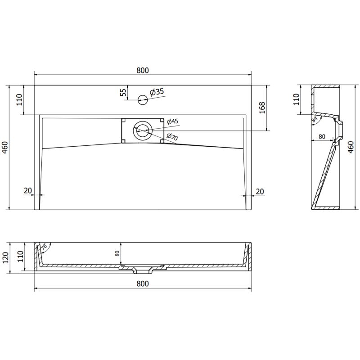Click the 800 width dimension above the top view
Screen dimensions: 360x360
click(x=142, y=70)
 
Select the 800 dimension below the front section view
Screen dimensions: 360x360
click(x=142, y=283)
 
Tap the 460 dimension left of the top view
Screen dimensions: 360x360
click(x=5, y=147)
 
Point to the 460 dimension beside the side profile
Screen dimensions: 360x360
click(x=351, y=147)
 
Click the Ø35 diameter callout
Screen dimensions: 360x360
click(x=157, y=92)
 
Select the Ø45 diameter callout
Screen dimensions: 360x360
click(x=172, y=121)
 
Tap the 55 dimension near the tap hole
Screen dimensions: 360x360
click(x=123, y=92)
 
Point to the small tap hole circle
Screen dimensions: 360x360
click(x=143, y=99)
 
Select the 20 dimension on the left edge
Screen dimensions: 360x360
click(x=28, y=191)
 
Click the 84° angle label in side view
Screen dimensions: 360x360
click(x=315, y=119)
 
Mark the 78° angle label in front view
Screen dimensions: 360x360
click(x=44, y=247)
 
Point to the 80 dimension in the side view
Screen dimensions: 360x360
click(x=322, y=136)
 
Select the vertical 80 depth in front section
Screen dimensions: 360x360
click(x=117, y=254)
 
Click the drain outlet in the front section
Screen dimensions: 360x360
click(x=143, y=271)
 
